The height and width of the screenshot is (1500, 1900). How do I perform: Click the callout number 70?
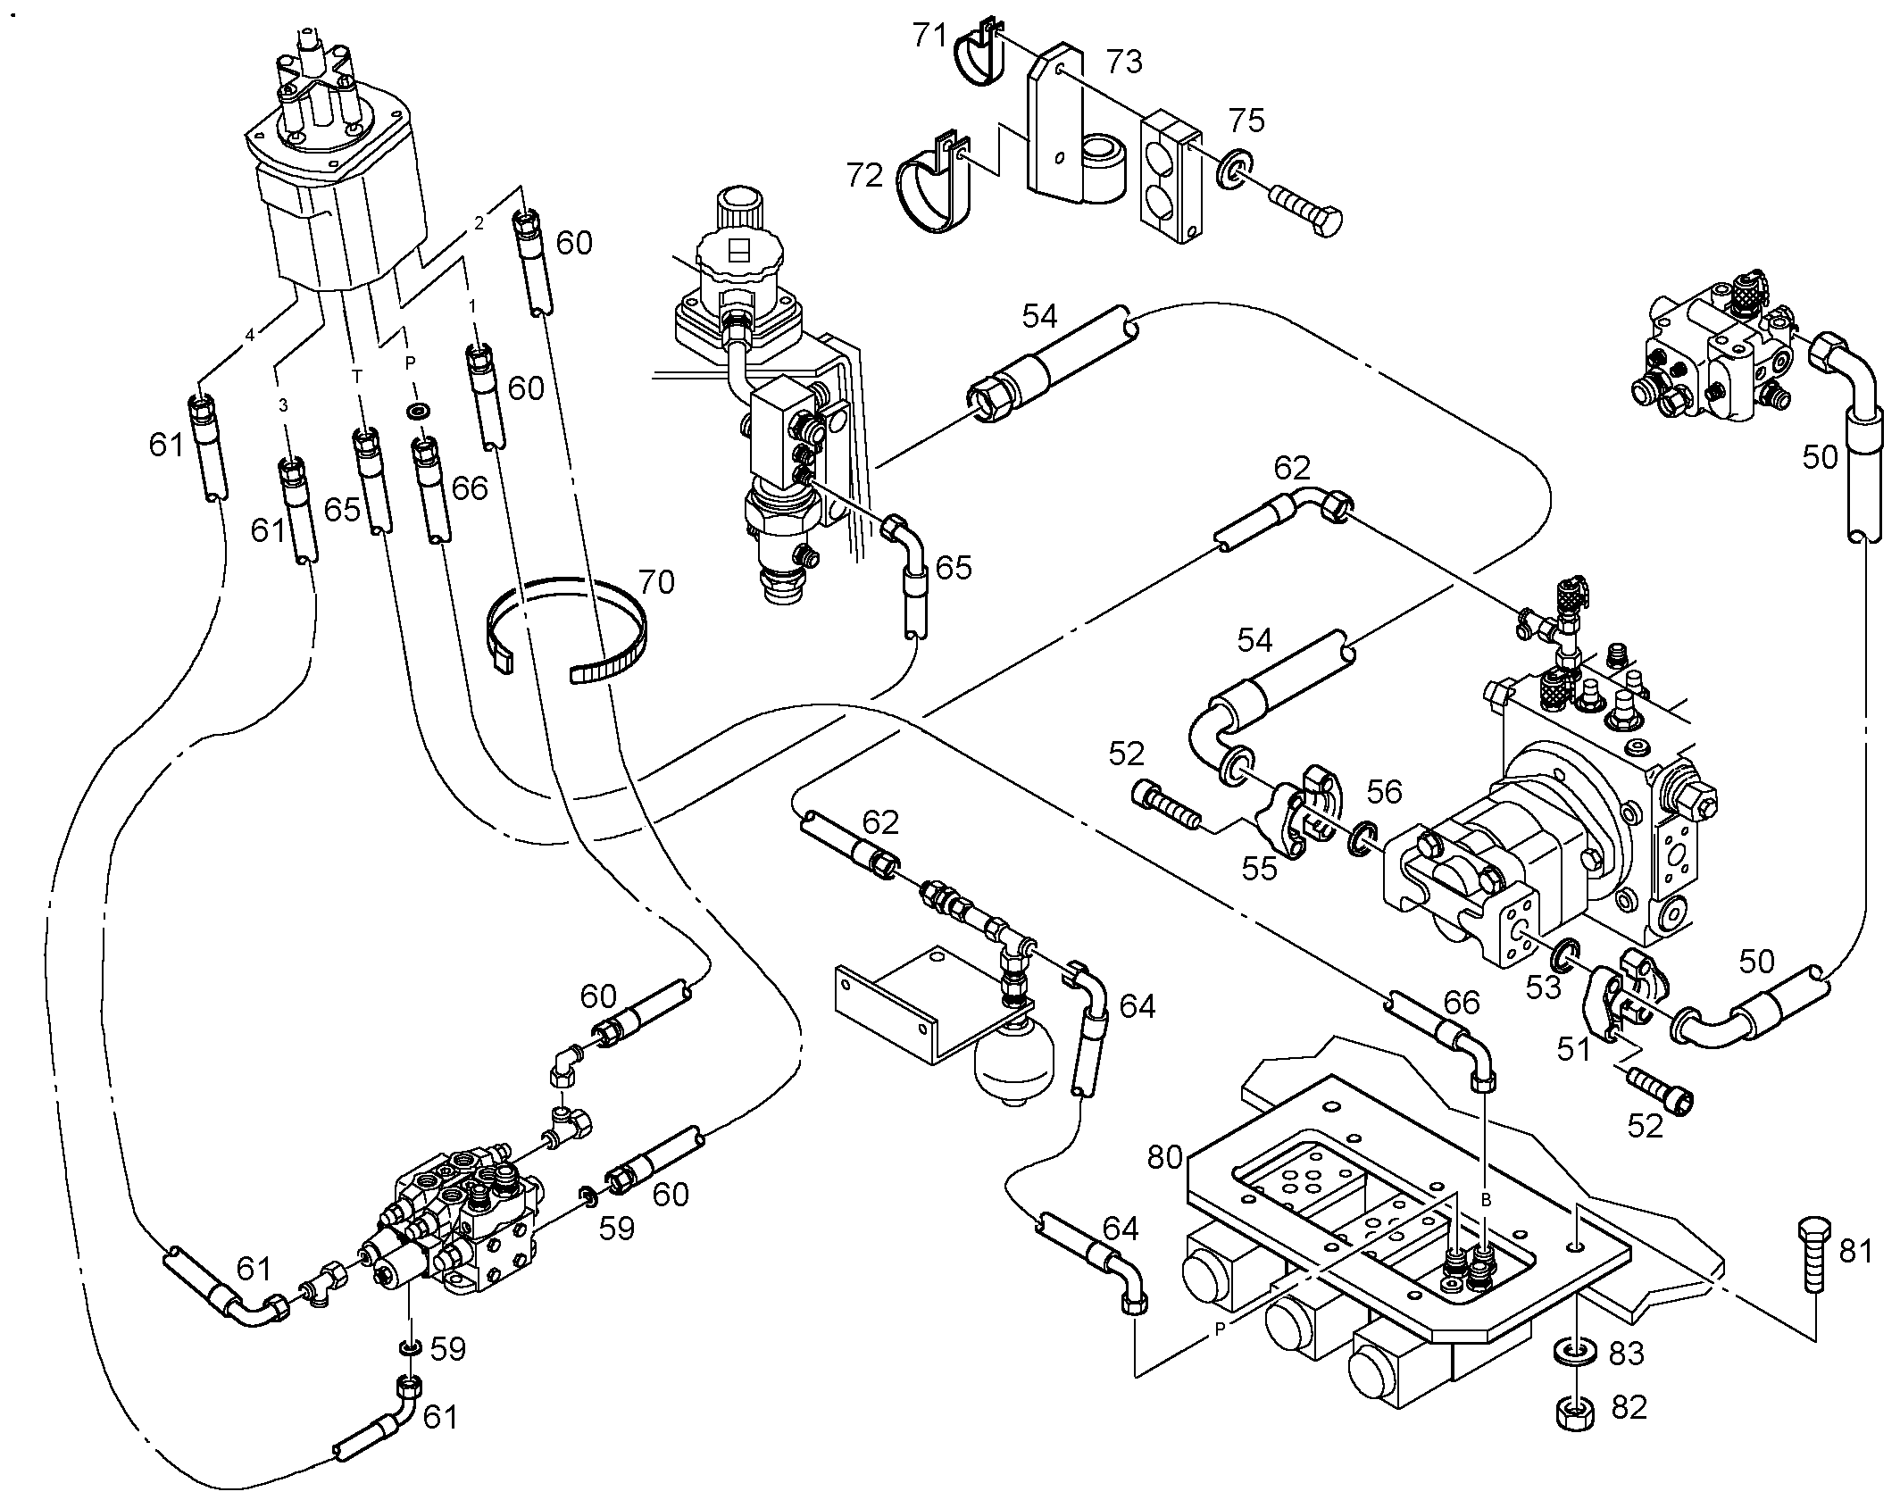[x=656, y=583]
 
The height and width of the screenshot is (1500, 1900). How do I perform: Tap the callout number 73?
[x=1124, y=62]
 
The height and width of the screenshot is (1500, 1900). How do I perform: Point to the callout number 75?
[x=1246, y=121]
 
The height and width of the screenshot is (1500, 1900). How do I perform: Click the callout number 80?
[x=1165, y=1157]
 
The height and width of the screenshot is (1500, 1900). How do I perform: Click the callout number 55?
[x=1260, y=868]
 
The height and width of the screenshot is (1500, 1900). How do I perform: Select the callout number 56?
[x=1384, y=791]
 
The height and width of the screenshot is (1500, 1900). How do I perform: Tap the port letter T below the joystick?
[x=358, y=377]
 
